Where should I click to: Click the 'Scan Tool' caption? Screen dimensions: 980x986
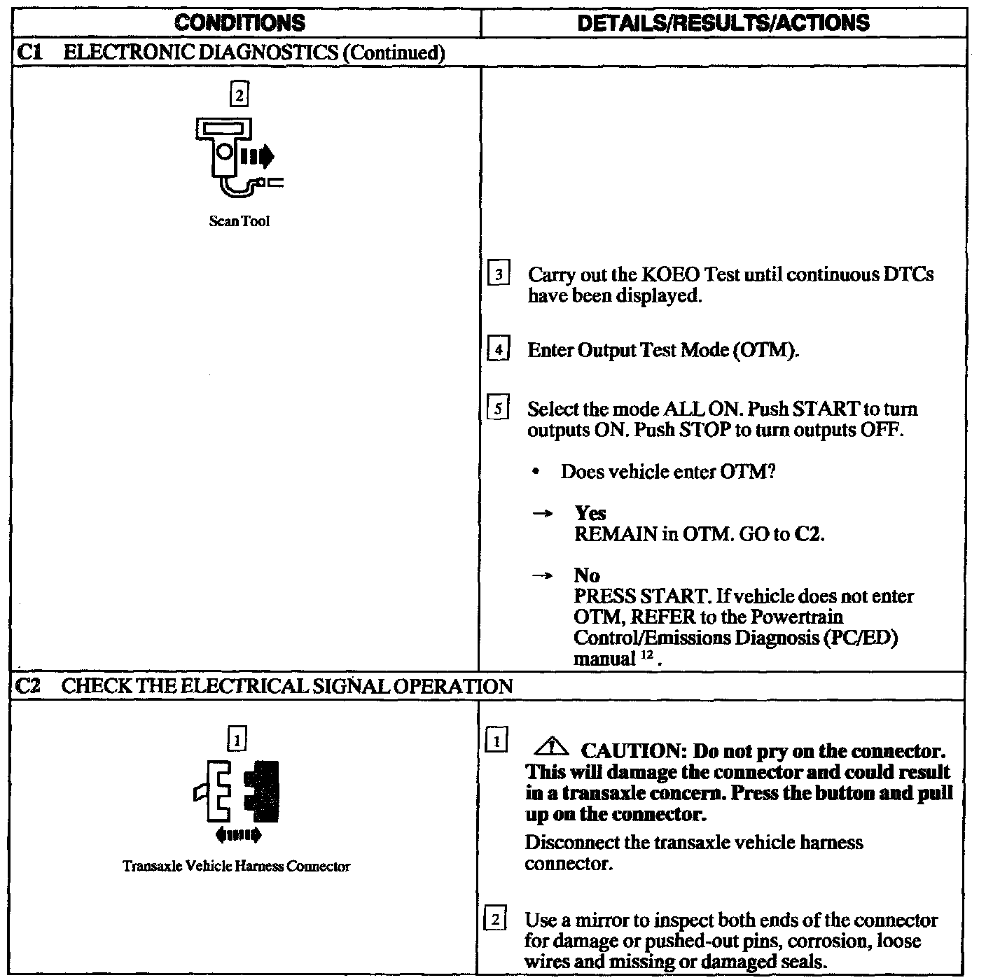pyautogui.click(x=239, y=222)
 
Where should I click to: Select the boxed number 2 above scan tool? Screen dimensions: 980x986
pyautogui.click(x=239, y=94)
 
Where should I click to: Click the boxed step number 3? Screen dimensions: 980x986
pyautogui.click(x=498, y=274)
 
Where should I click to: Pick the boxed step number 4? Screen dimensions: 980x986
pyautogui.click(x=498, y=349)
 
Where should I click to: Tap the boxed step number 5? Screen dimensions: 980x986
pyautogui.click(x=498, y=409)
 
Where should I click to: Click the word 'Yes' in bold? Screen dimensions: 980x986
pyautogui.click(x=590, y=513)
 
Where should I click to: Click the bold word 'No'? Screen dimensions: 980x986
pyautogui.click(x=587, y=575)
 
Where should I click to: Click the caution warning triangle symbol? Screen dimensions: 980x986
pyautogui.click(x=552, y=749)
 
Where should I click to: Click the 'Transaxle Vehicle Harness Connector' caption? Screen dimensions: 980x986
pyautogui.click(x=237, y=867)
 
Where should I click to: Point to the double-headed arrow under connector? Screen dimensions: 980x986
pyautogui.click(x=238, y=834)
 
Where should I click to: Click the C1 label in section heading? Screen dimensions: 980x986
pyautogui.click(x=27, y=53)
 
